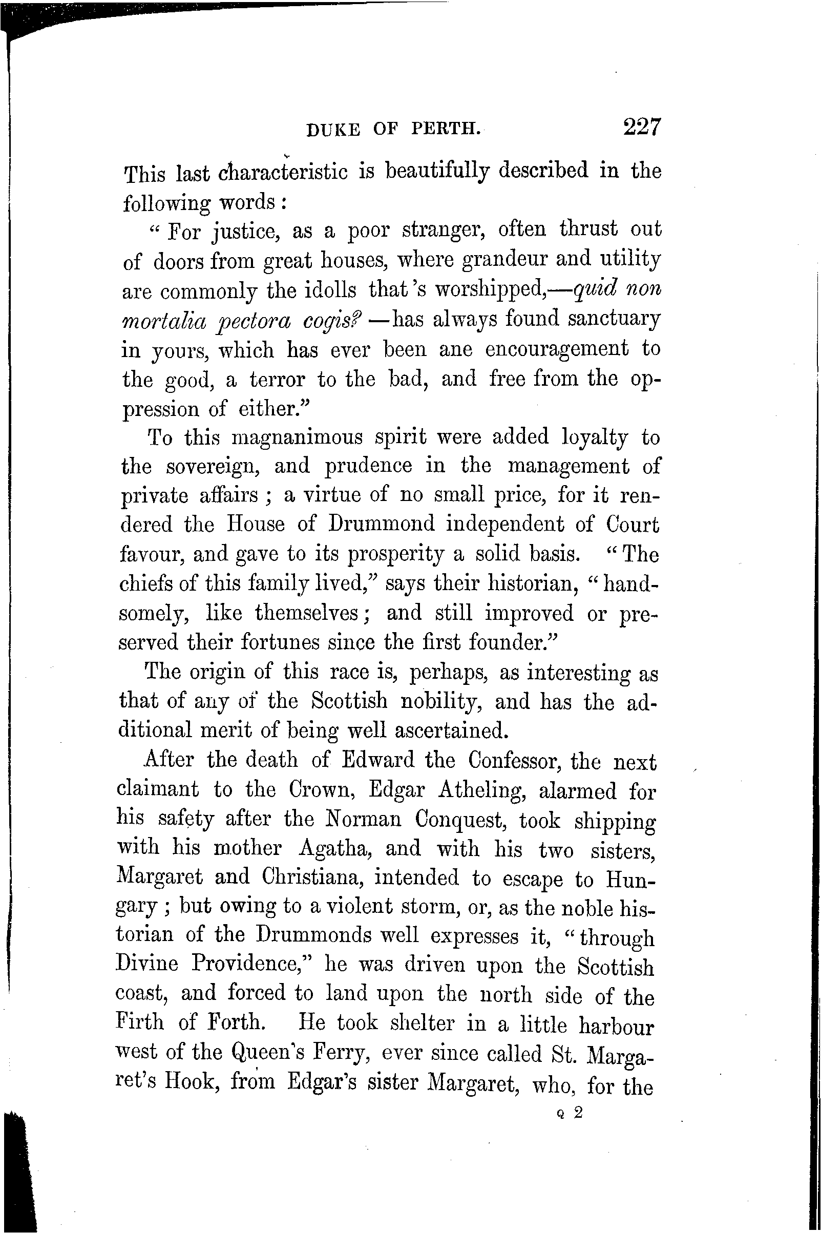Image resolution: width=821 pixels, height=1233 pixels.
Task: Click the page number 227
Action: (642, 127)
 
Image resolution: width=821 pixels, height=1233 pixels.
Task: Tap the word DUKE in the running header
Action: (333, 129)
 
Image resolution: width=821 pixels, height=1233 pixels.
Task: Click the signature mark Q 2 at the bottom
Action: (570, 1113)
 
